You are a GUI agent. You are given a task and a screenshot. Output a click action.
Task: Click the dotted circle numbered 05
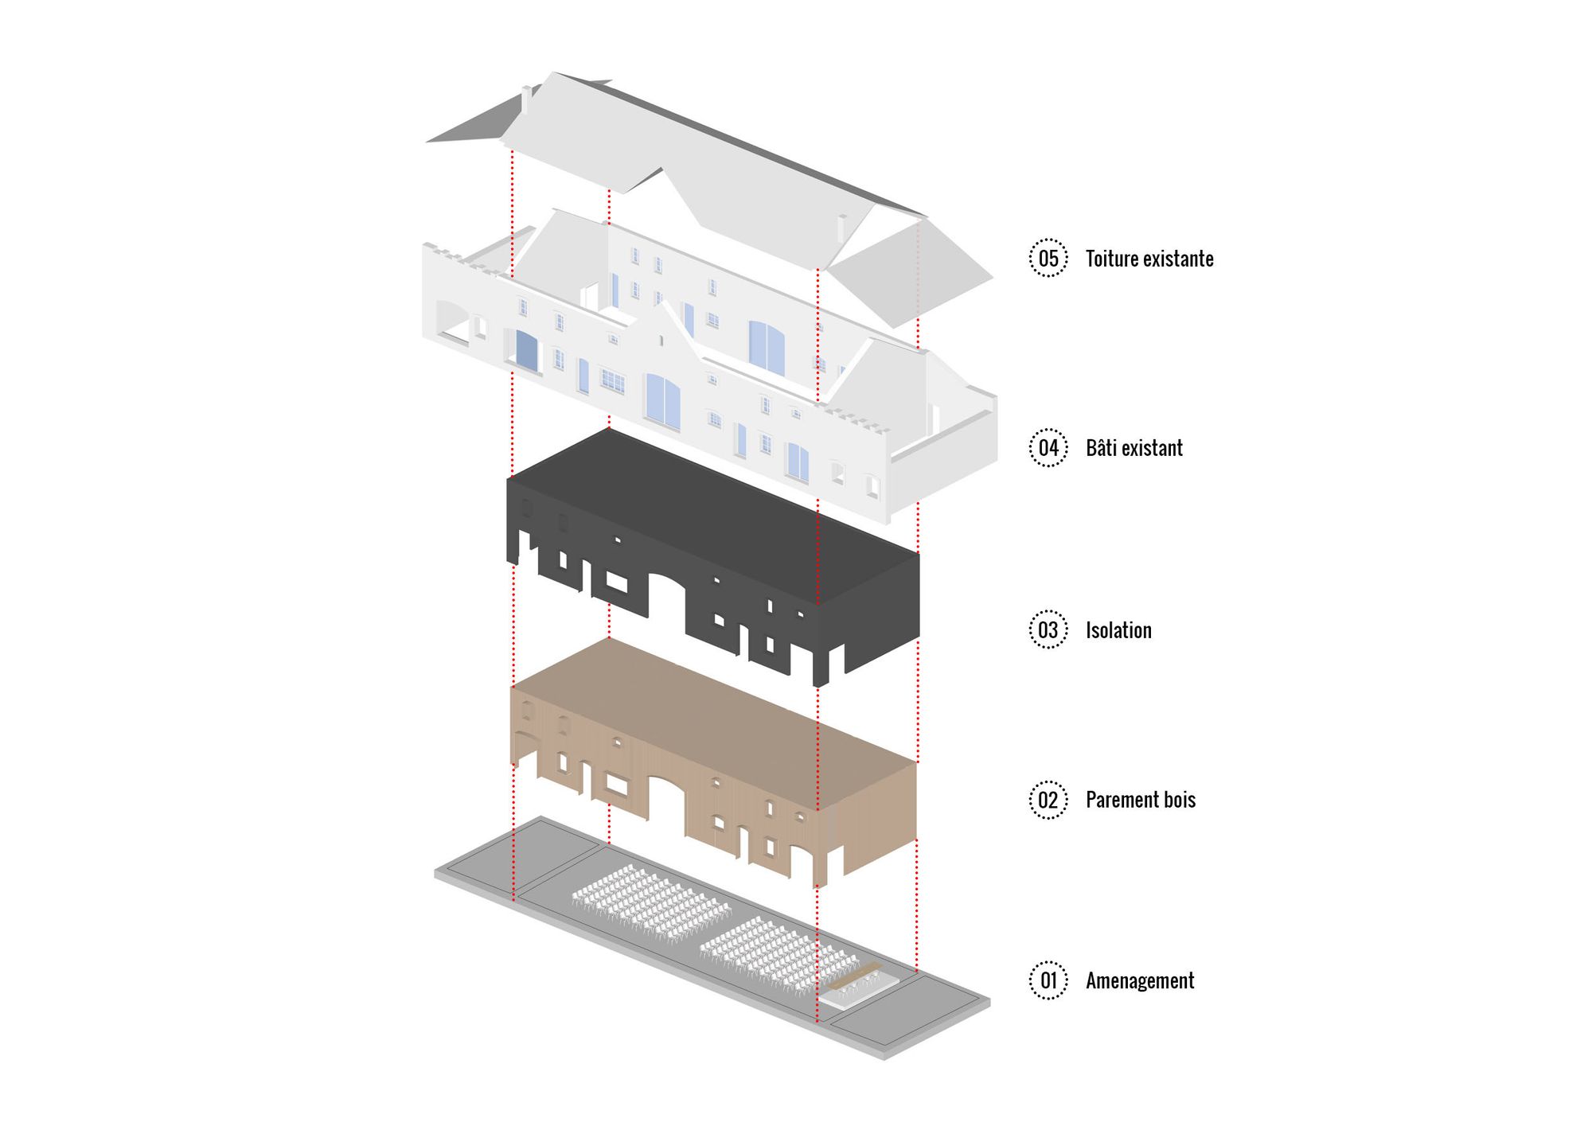(x=1048, y=258)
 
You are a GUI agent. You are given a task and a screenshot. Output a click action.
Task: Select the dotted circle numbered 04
(x=1048, y=448)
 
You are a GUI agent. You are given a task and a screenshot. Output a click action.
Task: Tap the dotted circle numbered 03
(x=1048, y=630)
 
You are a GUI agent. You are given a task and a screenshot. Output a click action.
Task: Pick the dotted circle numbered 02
(x=1048, y=800)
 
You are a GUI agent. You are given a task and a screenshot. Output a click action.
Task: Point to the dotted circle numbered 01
(x=1048, y=980)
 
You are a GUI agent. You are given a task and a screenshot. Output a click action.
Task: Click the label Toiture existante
(x=1149, y=259)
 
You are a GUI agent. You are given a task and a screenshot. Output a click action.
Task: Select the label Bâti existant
(x=1134, y=448)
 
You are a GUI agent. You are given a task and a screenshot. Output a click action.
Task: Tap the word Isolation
(x=1118, y=630)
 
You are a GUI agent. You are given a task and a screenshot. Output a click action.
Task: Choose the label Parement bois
(x=1141, y=800)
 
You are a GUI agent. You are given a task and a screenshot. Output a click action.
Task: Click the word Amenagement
(x=1140, y=980)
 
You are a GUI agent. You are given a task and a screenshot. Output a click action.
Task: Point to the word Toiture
(x=1111, y=259)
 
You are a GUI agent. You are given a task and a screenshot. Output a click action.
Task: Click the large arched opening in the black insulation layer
(x=667, y=601)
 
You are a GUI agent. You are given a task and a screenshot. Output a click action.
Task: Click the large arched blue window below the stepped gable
(x=662, y=402)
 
